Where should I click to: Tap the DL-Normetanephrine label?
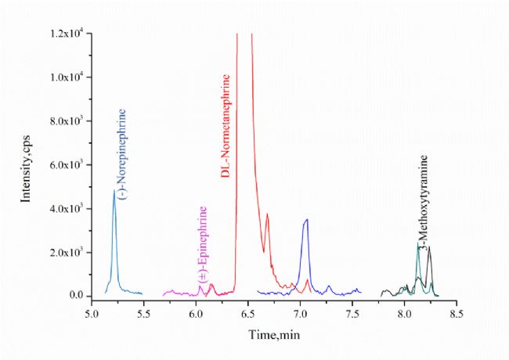(226, 126)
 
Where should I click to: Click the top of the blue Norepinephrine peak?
(114, 191)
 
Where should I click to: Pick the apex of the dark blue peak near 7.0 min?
(307, 220)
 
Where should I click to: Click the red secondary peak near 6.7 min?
(267, 214)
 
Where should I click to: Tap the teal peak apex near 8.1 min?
(418, 244)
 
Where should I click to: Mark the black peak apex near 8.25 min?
(429, 247)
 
